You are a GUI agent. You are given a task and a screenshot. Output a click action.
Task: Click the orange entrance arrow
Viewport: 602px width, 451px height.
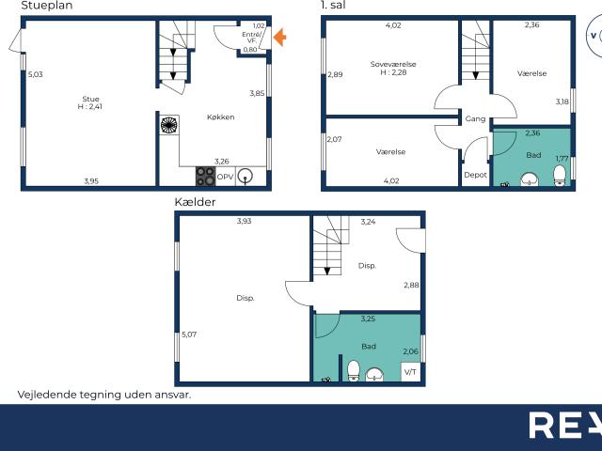pos(279,38)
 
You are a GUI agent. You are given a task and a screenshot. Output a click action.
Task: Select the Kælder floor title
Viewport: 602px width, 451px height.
pos(196,202)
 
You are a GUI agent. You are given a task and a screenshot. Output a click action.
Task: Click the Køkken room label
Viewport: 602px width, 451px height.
pos(221,117)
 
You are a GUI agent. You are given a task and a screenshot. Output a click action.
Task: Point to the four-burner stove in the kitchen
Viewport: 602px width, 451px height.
pos(205,176)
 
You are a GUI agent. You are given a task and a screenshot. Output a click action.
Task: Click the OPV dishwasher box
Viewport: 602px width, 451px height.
pos(225,177)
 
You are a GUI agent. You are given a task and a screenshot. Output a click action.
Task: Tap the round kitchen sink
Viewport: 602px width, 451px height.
pos(246,176)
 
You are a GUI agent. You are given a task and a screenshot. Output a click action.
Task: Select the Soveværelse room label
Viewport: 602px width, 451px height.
pos(393,65)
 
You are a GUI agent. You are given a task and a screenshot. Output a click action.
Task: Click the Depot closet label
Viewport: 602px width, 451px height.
pos(475,175)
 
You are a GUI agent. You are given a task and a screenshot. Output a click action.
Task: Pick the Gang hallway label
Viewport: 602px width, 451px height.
pos(475,119)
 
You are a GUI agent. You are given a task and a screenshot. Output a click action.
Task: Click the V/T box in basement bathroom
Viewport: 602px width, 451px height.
pos(410,372)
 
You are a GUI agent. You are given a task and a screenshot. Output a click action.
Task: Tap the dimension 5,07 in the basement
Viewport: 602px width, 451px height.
pos(189,334)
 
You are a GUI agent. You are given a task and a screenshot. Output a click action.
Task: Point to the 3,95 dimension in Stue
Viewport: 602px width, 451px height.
pos(90,180)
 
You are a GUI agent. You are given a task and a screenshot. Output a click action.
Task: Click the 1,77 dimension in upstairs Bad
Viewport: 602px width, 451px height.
pos(562,159)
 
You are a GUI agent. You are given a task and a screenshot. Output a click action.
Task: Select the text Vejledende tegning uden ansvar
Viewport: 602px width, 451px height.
pos(103,395)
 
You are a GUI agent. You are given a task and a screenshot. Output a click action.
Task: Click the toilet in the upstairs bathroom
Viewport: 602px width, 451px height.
pos(559,176)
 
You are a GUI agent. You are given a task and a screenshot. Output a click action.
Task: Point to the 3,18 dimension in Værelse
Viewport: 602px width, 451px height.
pos(562,101)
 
